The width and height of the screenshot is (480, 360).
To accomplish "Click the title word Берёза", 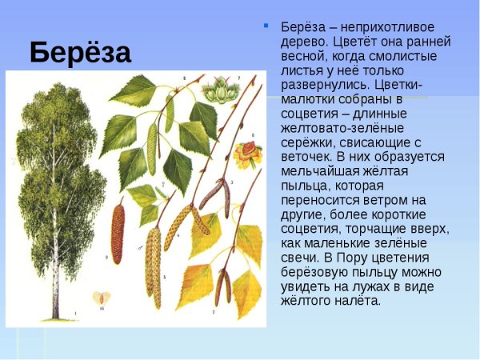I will tap(80, 53).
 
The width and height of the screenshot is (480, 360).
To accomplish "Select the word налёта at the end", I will tap(360, 301).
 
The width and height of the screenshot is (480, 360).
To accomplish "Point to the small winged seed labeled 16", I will tap(101, 298).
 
